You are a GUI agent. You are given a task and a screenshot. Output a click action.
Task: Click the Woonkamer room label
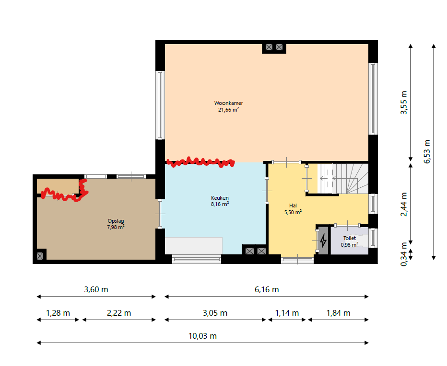point(228,106)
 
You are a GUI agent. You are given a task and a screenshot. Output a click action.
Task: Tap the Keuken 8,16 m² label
point(220,201)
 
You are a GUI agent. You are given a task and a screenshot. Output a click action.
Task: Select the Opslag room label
point(116,224)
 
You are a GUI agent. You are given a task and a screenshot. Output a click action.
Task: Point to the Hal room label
point(293,209)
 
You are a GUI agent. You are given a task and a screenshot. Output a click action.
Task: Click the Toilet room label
point(350,241)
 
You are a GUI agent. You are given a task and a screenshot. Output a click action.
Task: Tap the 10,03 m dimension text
point(202,336)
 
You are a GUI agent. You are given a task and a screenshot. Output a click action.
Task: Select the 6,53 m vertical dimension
point(427,151)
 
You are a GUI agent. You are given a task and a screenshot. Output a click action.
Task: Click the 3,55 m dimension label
point(404,103)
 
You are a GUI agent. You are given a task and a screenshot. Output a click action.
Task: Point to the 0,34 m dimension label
point(404,254)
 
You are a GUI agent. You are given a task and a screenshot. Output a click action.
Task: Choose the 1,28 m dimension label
point(58,313)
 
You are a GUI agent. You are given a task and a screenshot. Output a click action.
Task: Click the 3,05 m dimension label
point(215,313)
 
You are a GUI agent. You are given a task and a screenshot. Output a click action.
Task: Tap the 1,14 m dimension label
point(287,313)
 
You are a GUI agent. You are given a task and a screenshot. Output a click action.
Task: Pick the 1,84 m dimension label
point(338,313)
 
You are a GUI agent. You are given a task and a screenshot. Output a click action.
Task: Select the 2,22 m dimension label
point(119,313)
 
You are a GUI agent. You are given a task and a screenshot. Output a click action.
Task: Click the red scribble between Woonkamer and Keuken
point(200,162)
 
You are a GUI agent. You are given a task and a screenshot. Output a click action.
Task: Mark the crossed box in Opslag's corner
point(40,256)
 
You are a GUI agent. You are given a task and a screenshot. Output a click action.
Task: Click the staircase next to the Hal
point(343,179)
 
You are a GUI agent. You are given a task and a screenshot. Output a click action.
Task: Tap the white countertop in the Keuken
point(194,246)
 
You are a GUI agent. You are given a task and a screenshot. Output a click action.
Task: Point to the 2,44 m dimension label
point(404,205)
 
